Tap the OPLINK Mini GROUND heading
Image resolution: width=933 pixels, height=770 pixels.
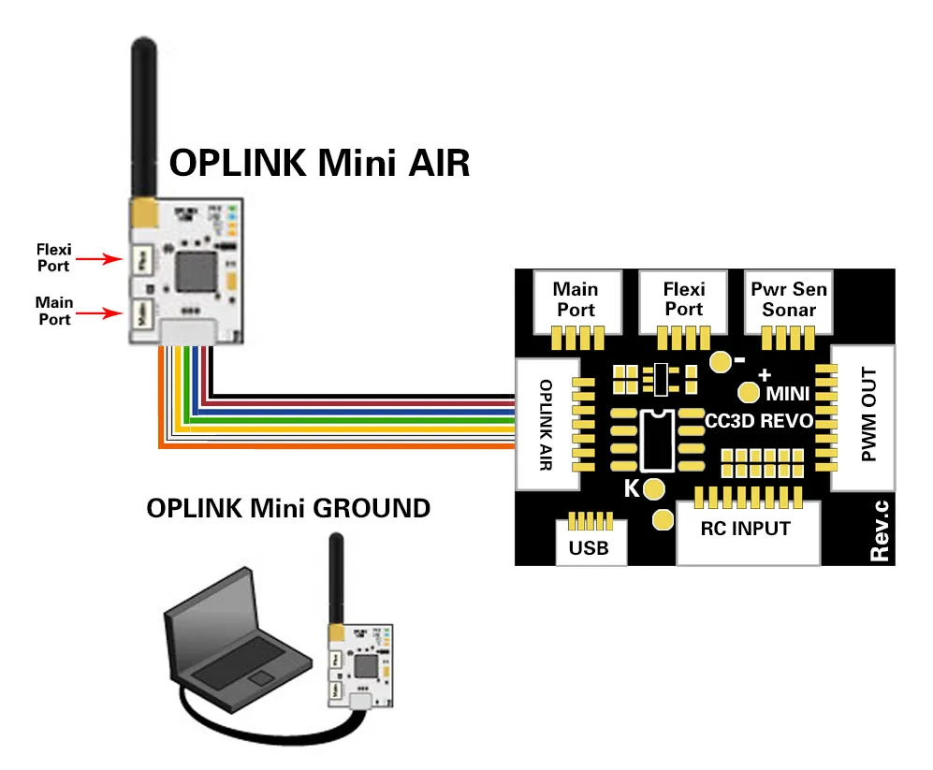tap(288, 508)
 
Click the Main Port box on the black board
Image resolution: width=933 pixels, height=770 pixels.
tap(574, 299)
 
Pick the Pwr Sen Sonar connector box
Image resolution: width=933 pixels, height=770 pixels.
tap(788, 299)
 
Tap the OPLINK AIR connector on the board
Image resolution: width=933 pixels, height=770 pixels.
tap(547, 424)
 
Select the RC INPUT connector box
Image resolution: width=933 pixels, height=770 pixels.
tap(746, 530)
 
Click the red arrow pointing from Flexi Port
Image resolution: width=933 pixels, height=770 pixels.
tap(99, 259)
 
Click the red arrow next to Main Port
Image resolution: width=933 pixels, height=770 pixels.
tap(99, 313)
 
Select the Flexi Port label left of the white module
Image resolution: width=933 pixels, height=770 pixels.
tap(53, 257)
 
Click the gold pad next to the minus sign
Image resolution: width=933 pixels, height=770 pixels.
tap(720, 361)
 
